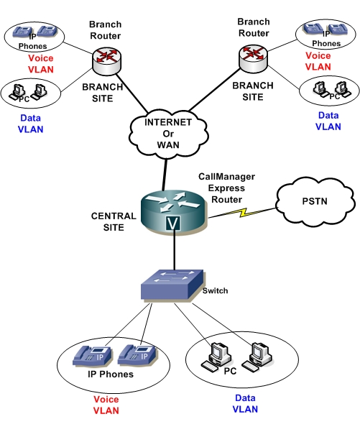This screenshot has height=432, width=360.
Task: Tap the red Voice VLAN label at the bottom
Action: click(x=106, y=405)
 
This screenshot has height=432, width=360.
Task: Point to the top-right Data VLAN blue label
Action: click(x=328, y=120)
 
